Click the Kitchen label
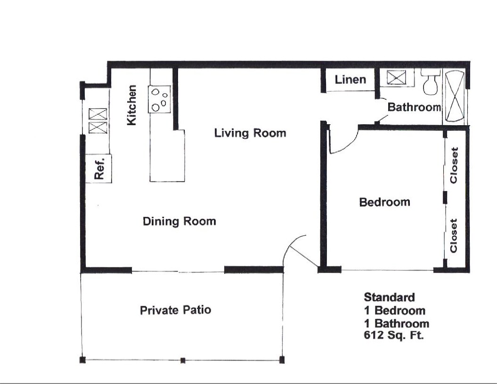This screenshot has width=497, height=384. pyautogui.click(x=132, y=105)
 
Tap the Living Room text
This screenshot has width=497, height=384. pyautogui.click(x=250, y=133)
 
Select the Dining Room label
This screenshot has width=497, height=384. pyautogui.click(x=179, y=221)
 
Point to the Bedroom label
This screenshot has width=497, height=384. pyautogui.click(x=384, y=202)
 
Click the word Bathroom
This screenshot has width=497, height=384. pyautogui.click(x=414, y=107)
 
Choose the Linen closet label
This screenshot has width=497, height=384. pyautogui.click(x=350, y=80)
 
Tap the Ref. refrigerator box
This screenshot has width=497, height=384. pyautogui.click(x=99, y=168)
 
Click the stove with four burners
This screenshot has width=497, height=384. pyautogui.click(x=160, y=99)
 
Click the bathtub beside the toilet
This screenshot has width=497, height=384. pyautogui.click(x=455, y=96)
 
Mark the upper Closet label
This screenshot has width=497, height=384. pyautogui.click(x=454, y=165)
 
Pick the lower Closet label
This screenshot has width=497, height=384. pyautogui.click(x=454, y=236)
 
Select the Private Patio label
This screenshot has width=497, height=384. pyautogui.click(x=175, y=310)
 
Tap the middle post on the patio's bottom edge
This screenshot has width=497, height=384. pyautogui.click(x=183, y=360)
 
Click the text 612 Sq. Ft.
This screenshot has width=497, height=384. pyautogui.click(x=394, y=336)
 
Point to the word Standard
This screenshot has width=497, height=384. pyautogui.click(x=389, y=297)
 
